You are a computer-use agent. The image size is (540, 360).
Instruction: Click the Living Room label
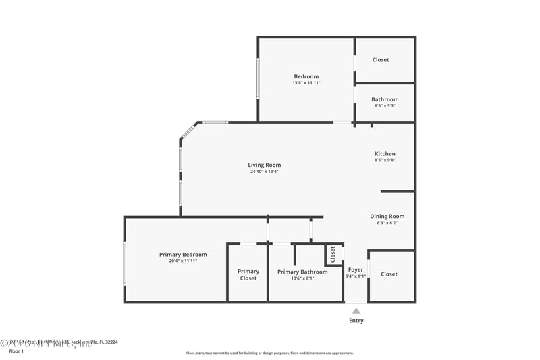(264, 165)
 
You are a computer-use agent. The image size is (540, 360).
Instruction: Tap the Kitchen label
(385, 153)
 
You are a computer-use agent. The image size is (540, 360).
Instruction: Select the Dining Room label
(387, 216)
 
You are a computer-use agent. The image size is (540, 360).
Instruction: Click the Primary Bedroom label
(183, 254)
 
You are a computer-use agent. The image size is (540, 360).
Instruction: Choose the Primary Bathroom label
(302, 272)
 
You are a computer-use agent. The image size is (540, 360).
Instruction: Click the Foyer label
(355, 269)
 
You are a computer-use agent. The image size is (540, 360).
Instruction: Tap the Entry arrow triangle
(356, 311)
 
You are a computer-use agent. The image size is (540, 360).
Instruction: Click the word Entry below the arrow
(356, 321)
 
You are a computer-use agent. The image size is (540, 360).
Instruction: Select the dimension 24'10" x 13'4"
(264, 172)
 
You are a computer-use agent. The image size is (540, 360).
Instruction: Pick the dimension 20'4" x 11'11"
(183, 261)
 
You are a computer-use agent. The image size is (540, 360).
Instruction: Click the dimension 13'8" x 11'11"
(306, 83)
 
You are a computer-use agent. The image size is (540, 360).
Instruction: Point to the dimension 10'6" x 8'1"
(302, 278)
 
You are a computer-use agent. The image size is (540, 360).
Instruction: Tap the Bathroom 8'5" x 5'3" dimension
(385, 105)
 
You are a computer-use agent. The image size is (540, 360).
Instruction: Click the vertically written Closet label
(333, 254)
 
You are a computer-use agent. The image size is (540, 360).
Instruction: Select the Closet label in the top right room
(381, 60)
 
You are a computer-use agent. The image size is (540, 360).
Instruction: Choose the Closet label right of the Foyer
(389, 274)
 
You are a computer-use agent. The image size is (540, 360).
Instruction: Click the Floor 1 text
(16, 351)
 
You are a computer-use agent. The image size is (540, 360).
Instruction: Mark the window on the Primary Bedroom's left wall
(124, 263)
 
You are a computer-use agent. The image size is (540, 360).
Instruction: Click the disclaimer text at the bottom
(269, 353)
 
